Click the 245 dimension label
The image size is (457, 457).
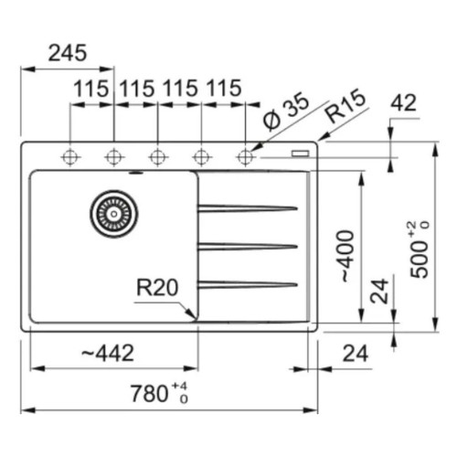[x=68, y=53]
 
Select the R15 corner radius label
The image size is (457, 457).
[x=345, y=105]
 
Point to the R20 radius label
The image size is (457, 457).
[x=157, y=287]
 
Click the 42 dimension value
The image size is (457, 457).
[x=403, y=103]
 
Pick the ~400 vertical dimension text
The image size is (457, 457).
[x=346, y=256]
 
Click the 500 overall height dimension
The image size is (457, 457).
[x=420, y=250]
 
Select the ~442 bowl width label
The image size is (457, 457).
[x=108, y=353]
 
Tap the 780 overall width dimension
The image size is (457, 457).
[x=159, y=393]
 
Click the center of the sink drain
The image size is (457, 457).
[x=114, y=214]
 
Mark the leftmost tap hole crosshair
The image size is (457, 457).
[x=70, y=157]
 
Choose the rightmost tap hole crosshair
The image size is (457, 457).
[x=245, y=157]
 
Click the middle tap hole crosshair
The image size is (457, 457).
[x=158, y=157]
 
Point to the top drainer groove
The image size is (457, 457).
[x=248, y=208]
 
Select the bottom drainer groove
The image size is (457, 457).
[x=248, y=285]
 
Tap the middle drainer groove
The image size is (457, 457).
[x=248, y=247]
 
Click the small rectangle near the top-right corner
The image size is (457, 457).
[x=301, y=153]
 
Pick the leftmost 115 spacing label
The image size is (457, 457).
[x=91, y=89]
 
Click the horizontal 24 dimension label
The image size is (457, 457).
[x=356, y=354]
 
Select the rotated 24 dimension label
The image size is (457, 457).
[x=379, y=292]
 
